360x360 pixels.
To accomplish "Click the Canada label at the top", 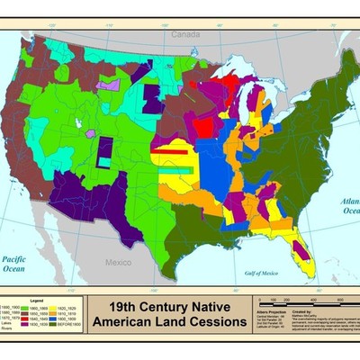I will click(185, 34).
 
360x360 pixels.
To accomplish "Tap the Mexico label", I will click(118, 262).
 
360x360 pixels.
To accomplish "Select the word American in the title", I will click(139, 321).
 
